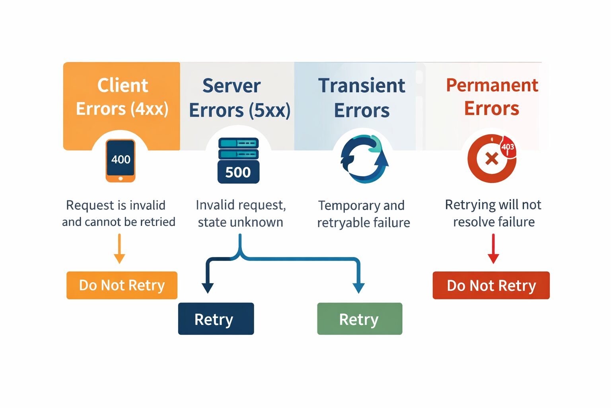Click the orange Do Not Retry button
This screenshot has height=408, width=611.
(122, 285)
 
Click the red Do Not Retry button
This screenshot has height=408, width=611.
(491, 285)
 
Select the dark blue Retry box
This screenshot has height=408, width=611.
(216, 319)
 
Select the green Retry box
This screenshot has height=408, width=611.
(359, 319)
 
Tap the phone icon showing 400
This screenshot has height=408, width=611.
(121, 161)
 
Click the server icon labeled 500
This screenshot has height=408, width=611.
(238, 161)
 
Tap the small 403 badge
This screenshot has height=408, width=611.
(508, 147)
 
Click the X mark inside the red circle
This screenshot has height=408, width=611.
(492, 159)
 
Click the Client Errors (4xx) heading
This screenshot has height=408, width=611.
(122, 97)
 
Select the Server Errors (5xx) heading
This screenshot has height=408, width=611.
(239, 98)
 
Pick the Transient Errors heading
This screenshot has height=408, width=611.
(362, 98)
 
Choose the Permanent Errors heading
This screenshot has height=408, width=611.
(492, 97)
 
